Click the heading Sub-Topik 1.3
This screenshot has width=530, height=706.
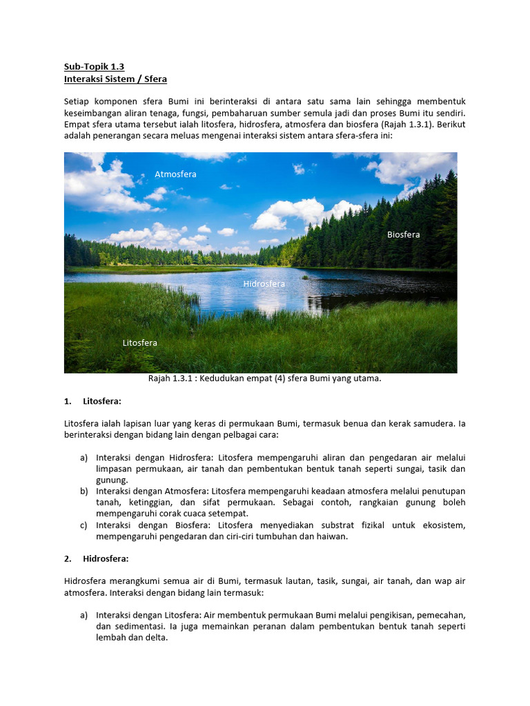click(x=94, y=67)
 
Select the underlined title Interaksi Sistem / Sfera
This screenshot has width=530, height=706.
click(x=115, y=79)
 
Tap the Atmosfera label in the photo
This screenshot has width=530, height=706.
click(x=175, y=174)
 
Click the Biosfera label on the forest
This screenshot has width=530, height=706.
click(x=403, y=235)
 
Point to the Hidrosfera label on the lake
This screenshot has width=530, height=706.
click(x=264, y=283)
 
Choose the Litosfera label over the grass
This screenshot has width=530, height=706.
click(x=139, y=343)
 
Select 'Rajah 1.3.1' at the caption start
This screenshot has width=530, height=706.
click(x=173, y=379)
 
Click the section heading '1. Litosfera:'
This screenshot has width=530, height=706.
click(x=101, y=401)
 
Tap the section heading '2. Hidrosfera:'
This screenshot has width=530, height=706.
click(x=104, y=558)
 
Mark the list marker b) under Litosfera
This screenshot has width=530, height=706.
click(x=84, y=491)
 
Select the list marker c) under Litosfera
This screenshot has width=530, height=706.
click(x=84, y=525)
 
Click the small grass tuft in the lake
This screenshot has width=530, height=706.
click(x=304, y=277)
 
